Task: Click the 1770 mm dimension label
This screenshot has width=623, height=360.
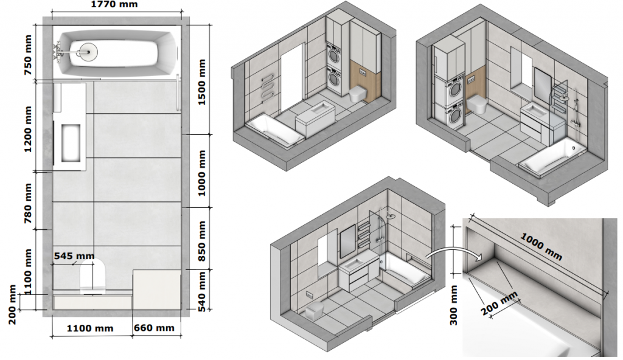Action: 114,4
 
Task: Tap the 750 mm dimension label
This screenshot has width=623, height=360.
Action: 29,55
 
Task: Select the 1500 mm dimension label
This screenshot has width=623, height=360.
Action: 202,82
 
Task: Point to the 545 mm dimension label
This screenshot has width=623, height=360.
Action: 74,256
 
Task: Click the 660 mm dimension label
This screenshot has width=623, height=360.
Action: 154,328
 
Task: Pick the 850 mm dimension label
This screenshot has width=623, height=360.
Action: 202,241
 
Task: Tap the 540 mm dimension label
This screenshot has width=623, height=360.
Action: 202,291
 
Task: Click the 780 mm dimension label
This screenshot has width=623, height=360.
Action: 29,203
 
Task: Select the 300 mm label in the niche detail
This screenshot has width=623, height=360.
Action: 454,305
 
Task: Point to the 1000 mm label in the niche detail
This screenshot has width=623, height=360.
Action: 541,247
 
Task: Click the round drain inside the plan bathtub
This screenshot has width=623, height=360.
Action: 87,51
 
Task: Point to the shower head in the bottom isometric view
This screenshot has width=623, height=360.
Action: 391,216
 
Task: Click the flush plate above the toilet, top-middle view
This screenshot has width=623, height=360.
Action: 362,72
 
